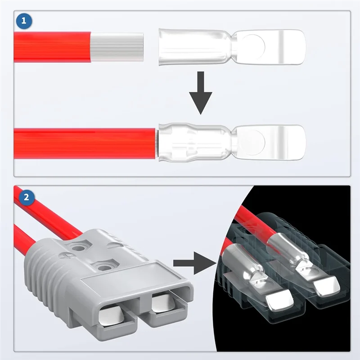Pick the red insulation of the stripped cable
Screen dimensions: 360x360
coord(52,47)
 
